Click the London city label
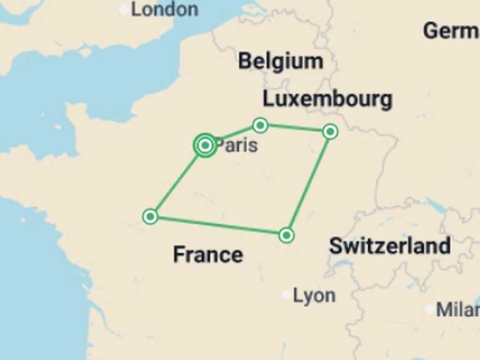(164, 9)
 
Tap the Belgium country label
(281, 61)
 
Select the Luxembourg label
(327, 99)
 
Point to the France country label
(207, 254)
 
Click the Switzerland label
(389, 246)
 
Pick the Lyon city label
(314, 296)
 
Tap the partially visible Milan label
(458, 309)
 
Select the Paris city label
(237, 146)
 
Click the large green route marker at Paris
(205, 145)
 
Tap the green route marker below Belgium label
(261, 126)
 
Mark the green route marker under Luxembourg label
(331, 131)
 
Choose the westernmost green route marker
(150, 216)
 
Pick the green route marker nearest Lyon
(286, 235)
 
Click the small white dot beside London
(124, 9)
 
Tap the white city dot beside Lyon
(287, 294)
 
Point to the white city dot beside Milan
(430, 309)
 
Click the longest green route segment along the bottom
(218, 226)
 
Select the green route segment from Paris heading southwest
(177, 182)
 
